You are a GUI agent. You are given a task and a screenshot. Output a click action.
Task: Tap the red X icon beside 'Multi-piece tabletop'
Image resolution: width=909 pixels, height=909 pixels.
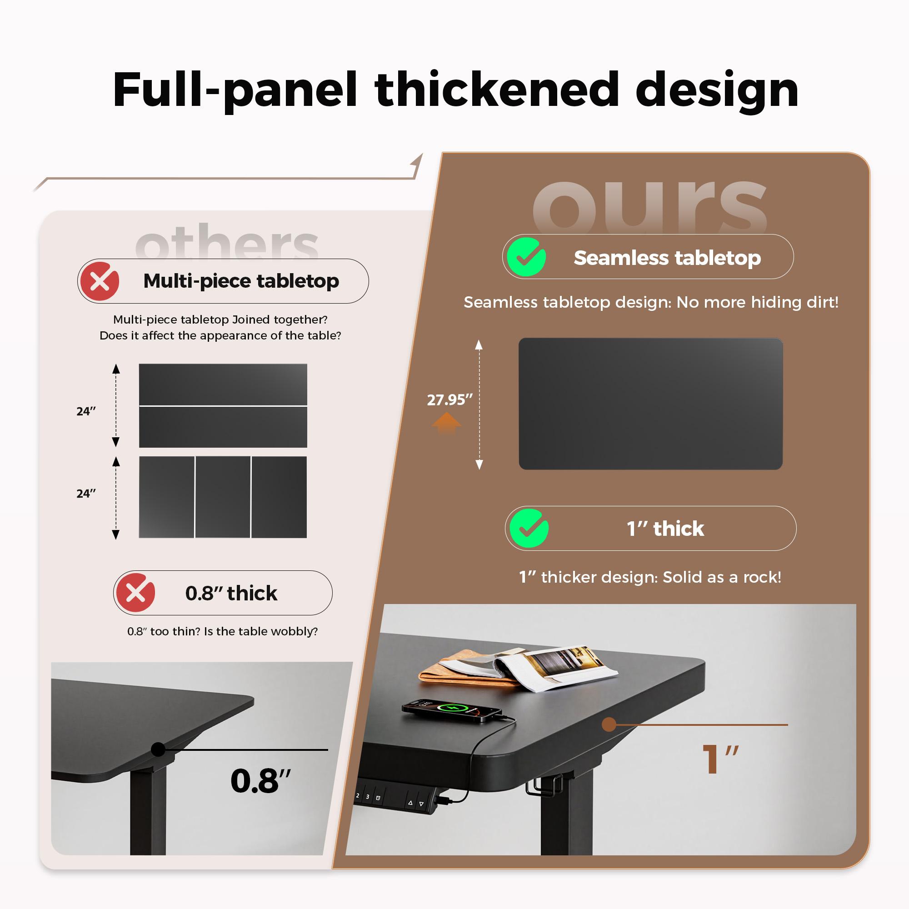pyautogui.click(x=100, y=281)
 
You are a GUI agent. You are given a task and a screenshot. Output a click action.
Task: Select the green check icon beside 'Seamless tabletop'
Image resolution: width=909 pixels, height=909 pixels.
pyautogui.click(x=526, y=257)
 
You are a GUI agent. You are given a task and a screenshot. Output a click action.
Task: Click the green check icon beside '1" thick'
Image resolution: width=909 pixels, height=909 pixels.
pyautogui.click(x=529, y=529)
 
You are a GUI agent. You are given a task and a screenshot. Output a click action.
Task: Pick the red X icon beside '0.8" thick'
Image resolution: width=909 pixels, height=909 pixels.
pyautogui.click(x=135, y=593)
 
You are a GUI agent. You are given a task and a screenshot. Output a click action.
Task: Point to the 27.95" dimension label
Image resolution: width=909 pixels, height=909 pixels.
pyautogui.click(x=450, y=400)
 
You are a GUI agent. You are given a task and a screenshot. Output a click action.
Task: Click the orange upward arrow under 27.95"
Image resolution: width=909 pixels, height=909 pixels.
pyautogui.click(x=446, y=423)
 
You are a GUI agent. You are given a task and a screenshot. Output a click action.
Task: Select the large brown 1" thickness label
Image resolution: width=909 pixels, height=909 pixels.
pyautogui.click(x=720, y=759)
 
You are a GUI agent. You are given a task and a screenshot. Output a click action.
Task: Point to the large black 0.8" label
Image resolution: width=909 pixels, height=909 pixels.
pyautogui.click(x=260, y=781)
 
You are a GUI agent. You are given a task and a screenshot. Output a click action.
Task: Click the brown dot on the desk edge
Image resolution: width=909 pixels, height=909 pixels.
pyautogui.click(x=609, y=724)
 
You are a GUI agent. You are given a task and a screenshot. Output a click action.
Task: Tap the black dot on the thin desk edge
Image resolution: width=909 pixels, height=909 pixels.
pyautogui.click(x=159, y=749)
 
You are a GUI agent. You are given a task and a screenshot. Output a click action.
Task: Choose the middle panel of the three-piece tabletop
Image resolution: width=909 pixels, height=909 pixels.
pyautogui.click(x=223, y=497)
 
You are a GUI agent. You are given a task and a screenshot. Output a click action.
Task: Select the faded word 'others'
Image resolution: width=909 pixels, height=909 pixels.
pyautogui.click(x=227, y=242)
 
